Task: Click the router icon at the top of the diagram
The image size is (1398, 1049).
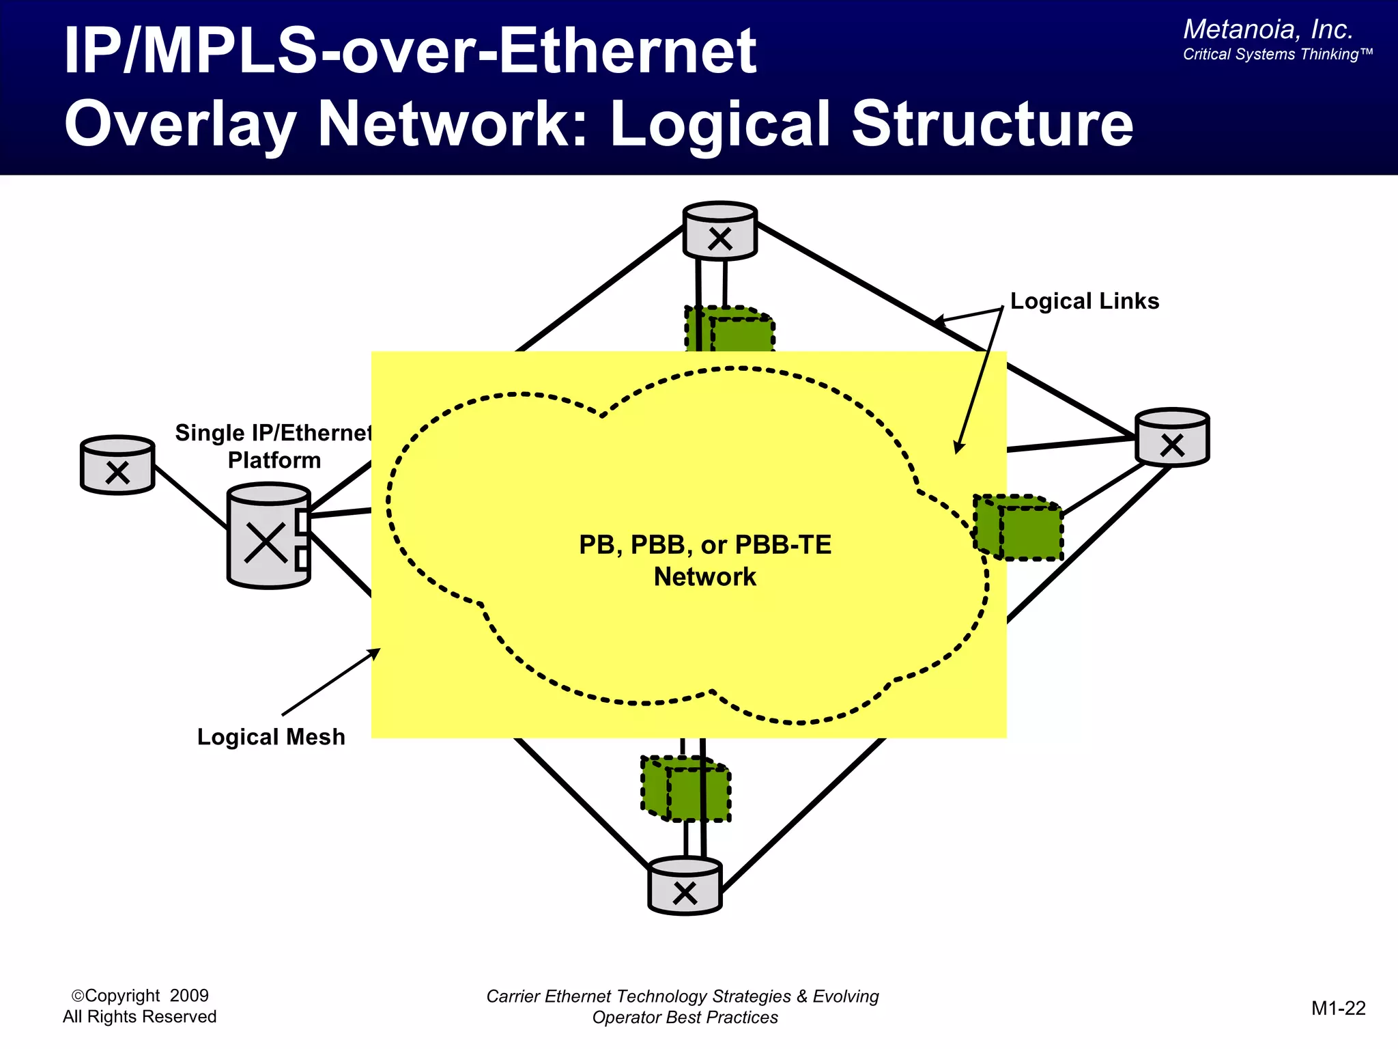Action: [720, 231]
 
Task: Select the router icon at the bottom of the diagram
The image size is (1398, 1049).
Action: [685, 886]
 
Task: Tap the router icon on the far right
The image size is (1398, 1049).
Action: [1172, 438]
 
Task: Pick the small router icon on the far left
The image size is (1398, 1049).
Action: [117, 465]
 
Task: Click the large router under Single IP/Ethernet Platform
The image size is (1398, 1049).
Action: [268, 536]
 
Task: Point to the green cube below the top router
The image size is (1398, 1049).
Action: [730, 331]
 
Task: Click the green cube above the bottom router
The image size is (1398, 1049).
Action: [686, 789]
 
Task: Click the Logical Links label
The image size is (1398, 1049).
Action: [1084, 301]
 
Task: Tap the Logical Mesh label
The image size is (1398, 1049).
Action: [271, 737]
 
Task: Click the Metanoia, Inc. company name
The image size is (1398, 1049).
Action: [1268, 29]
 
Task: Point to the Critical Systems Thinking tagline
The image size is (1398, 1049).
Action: [1276, 55]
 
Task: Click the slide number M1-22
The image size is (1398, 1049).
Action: [1338, 1008]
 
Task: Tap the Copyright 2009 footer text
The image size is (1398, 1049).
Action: [140, 996]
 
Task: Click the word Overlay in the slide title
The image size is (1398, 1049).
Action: [180, 124]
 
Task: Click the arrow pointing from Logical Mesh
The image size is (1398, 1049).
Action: [331, 682]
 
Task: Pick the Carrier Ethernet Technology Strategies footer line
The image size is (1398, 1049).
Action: [683, 996]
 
